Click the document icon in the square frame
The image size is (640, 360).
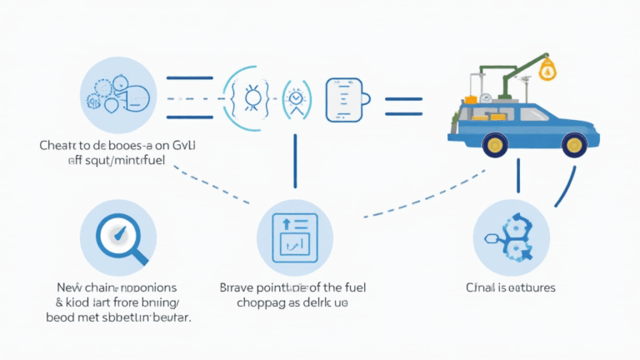pos(294,233)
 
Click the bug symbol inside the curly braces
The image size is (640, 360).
pos(247,97)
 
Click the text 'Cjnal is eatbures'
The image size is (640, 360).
pos(510,287)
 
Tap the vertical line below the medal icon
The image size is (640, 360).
pos(294,158)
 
